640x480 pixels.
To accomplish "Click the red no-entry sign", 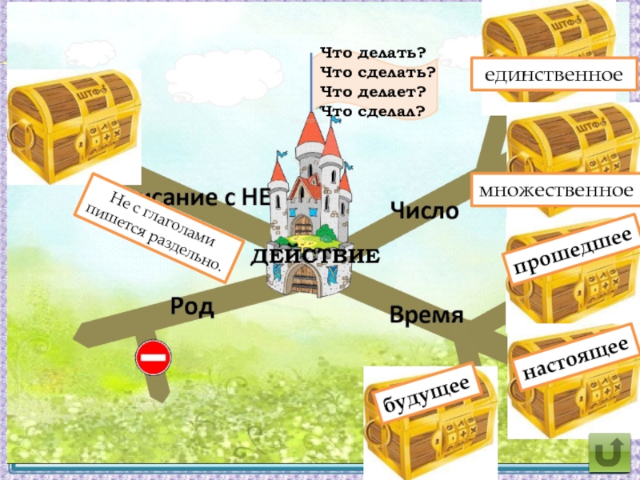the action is click(154, 358).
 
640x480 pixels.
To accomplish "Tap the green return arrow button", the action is click(609, 454).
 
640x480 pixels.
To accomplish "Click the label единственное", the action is click(553, 75).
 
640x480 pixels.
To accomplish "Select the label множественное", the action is click(554, 190).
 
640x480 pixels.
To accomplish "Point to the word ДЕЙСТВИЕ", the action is click(314, 257).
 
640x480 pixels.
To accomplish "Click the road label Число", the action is click(424, 211).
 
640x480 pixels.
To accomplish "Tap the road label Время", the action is click(426, 314).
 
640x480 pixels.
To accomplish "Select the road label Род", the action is click(192, 306).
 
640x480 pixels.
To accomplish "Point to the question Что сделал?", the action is click(371, 110).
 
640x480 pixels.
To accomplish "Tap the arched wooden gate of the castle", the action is click(303, 281).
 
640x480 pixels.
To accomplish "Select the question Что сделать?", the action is click(377, 72).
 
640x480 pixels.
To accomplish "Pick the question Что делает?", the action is click(373, 91).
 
